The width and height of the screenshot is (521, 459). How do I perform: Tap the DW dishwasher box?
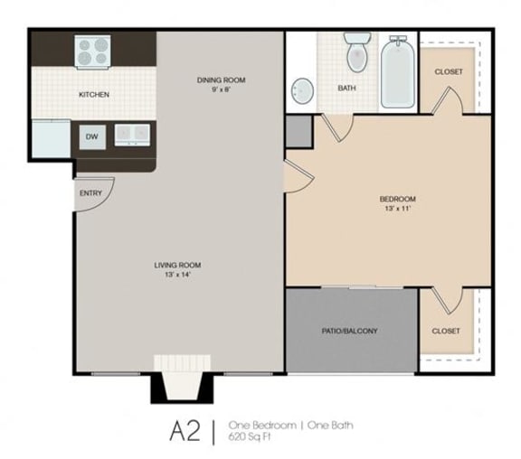click(92, 136)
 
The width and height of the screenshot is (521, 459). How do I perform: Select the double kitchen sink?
click(132, 134)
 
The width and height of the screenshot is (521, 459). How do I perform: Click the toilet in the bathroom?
click(356, 53)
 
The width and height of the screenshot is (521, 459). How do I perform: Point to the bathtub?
click(397, 71)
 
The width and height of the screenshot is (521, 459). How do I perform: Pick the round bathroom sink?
click(303, 90)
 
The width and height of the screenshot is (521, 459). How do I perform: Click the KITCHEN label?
click(94, 94)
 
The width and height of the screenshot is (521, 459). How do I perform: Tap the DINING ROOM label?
click(221, 80)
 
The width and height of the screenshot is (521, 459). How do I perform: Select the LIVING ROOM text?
click(177, 265)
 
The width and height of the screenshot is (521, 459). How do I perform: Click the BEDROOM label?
click(397, 199)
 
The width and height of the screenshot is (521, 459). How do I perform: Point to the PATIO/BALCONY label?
click(349, 331)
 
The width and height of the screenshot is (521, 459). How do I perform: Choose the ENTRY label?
click(90, 193)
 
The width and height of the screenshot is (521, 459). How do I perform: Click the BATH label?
click(346, 89)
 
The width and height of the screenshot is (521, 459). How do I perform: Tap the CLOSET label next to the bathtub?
click(449, 71)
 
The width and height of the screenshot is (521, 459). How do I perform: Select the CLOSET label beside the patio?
click(446, 331)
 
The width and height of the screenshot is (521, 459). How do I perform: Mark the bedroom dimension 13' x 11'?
click(397, 209)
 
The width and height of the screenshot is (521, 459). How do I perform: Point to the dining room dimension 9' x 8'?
click(221, 89)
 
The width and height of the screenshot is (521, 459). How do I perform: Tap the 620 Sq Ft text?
click(251, 436)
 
